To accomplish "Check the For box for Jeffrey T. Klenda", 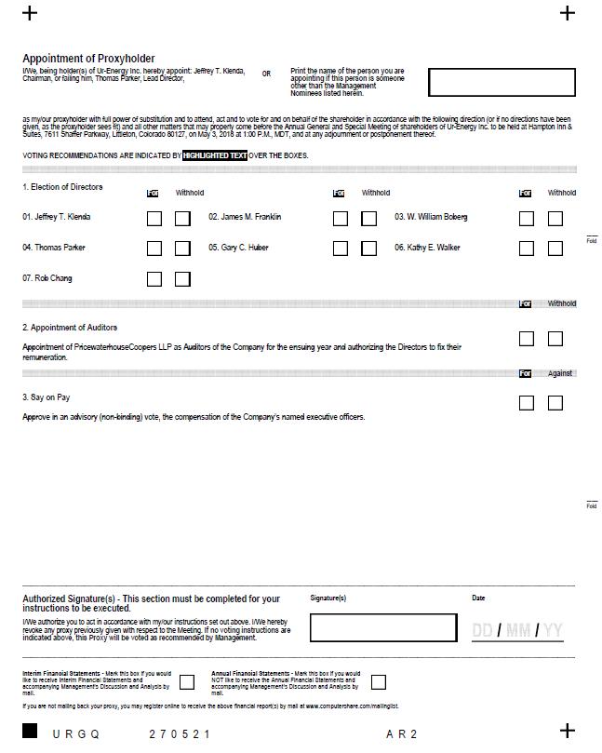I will pyautogui.click(x=154, y=219).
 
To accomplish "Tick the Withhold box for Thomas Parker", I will pyautogui.click(x=182, y=249).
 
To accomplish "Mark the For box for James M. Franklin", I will pyautogui.click(x=341, y=219).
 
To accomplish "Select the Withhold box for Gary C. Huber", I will pyautogui.click(x=368, y=249).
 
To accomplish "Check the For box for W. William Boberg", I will pyautogui.click(x=527, y=219).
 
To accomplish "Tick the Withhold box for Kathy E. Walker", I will pyautogui.click(x=555, y=249).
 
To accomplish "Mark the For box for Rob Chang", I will pyautogui.click(x=154, y=279).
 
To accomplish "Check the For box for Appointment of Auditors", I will pyautogui.click(x=527, y=339).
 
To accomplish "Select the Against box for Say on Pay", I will pyautogui.click(x=555, y=403).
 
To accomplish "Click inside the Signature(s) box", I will pyautogui.click(x=383, y=627).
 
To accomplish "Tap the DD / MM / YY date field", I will pyautogui.click(x=517, y=631).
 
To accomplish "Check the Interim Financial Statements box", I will pyautogui.click(x=187, y=682).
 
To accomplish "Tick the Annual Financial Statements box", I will pyautogui.click(x=378, y=682).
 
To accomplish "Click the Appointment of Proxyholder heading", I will pyautogui.click(x=89, y=58).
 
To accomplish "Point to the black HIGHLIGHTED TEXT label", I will pyautogui.click(x=215, y=155).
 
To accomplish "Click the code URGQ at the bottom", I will pyautogui.click(x=75, y=734).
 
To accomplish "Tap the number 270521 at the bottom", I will pyautogui.click(x=180, y=734).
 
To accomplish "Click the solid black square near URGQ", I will pyautogui.click(x=31, y=731).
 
